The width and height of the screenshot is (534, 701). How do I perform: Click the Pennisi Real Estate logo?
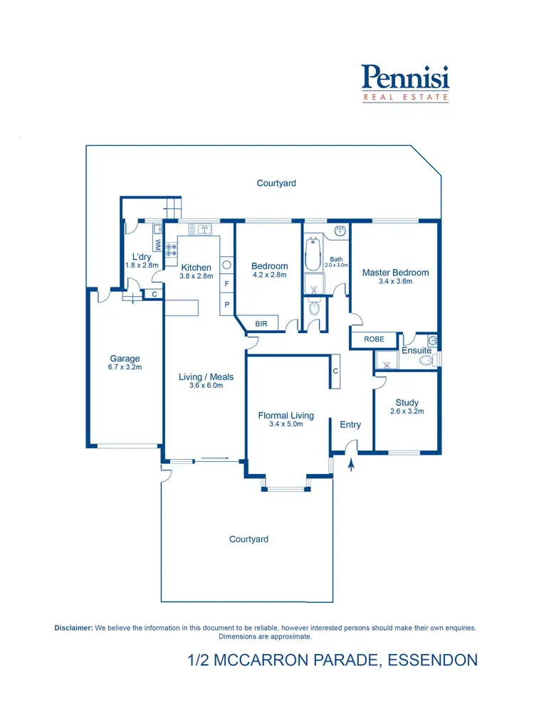click(x=405, y=83)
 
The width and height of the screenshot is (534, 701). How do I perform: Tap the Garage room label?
click(x=125, y=359)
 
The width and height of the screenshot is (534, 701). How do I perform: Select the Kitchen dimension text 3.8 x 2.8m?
click(x=196, y=276)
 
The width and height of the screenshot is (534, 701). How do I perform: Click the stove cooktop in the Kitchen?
click(x=171, y=249)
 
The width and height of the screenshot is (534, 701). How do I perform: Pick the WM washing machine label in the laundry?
click(x=157, y=243)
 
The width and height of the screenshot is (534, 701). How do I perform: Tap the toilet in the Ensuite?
click(x=426, y=361)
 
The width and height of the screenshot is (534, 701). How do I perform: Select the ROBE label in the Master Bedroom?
click(x=374, y=339)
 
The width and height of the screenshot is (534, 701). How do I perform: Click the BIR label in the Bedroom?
click(x=261, y=324)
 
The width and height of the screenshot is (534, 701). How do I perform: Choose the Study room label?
click(x=407, y=403)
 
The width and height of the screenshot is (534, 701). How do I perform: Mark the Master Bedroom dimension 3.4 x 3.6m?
click(x=395, y=281)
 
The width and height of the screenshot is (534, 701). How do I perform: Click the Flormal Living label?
click(x=286, y=416)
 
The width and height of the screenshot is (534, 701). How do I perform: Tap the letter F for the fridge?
click(x=226, y=284)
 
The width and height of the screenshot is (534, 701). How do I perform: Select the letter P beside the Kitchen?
click(x=226, y=305)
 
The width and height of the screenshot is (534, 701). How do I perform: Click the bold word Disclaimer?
click(x=73, y=628)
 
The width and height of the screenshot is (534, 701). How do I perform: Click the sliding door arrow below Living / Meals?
click(x=212, y=459)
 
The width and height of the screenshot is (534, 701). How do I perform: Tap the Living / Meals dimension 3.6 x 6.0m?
click(x=206, y=386)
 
